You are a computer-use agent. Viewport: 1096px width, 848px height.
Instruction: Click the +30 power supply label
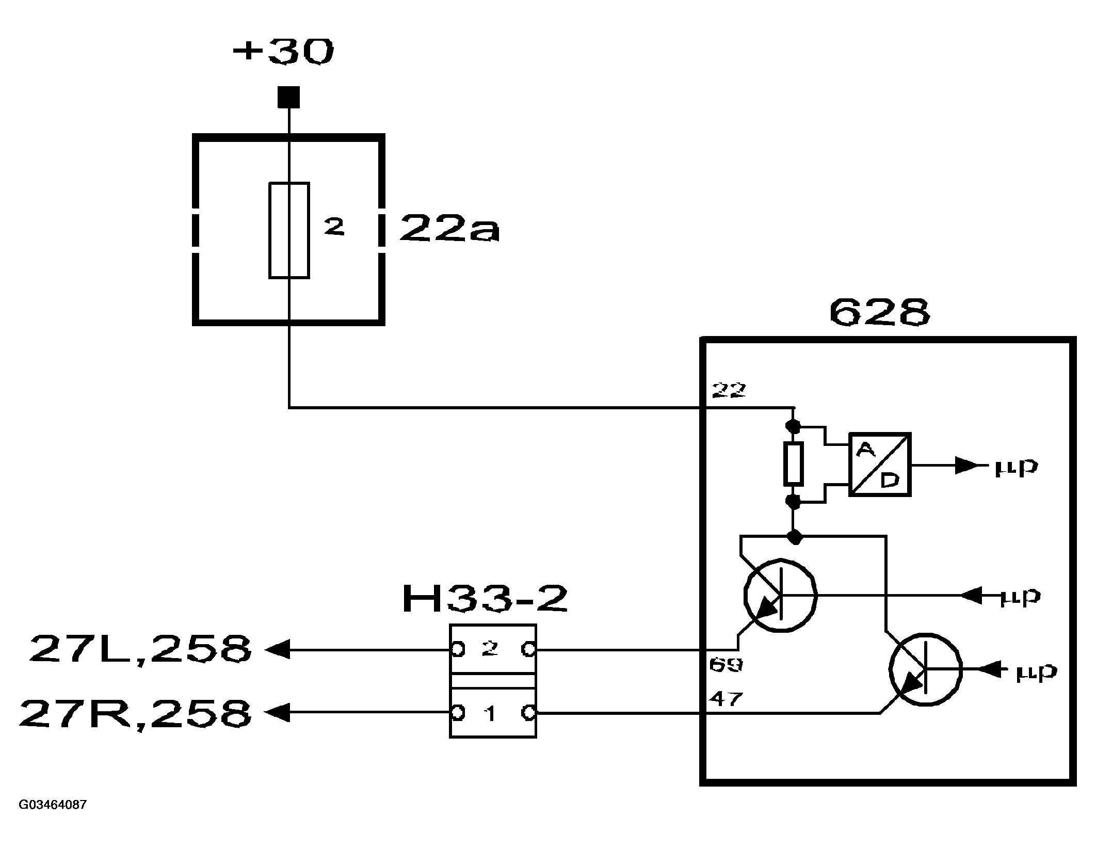click(283, 52)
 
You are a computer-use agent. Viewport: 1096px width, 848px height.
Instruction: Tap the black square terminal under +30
click(288, 97)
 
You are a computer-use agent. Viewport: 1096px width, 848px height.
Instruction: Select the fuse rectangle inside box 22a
click(289, 230)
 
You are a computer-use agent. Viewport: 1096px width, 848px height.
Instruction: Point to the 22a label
click(449, 229)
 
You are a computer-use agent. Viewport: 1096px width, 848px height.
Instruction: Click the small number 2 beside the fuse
click(334, 227)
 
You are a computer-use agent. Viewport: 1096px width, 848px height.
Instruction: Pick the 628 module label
click(879, 313)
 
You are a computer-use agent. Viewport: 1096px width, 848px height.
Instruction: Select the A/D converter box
click(880, 465)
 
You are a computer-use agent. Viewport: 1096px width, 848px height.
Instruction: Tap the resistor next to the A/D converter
click(793, 463)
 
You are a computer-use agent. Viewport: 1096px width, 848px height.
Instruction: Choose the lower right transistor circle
click(925, 669)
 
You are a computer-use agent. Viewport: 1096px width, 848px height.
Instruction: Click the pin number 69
click(726, 665)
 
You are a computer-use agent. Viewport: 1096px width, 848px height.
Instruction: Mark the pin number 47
click(726, 699)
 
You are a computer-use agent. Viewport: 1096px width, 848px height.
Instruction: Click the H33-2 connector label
click(485, 599)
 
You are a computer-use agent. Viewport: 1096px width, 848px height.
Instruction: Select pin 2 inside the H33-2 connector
click(489, 649)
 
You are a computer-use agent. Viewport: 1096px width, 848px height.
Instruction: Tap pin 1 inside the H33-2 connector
click(490, 714)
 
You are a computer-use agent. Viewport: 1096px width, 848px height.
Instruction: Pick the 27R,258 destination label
click(136, 713)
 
